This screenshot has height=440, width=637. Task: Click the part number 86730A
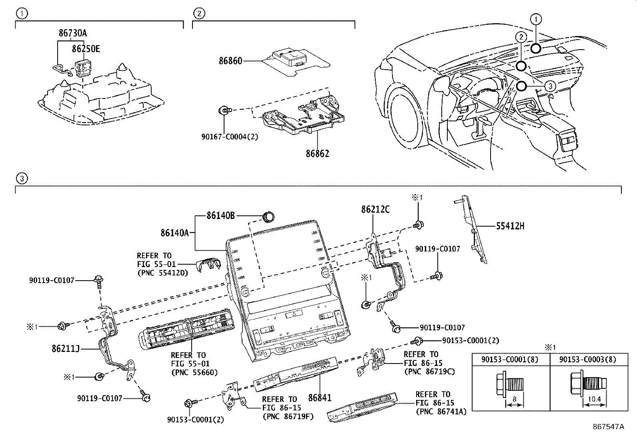pyautogui.click(x=72, y=34)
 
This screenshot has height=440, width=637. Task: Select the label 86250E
pyautogui.click(x=86, y=49)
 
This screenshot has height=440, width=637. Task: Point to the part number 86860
pyautogui.click(x=230, y=61)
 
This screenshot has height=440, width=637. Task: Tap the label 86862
pyautogui.click(x=317, y=153)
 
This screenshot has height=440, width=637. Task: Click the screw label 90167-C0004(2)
pyautogui.click(x=230, y=137)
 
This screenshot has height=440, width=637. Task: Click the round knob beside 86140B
pyautogui.click(x=268, y=217)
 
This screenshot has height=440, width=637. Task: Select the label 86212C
pyautogui.click(x=375, y=209)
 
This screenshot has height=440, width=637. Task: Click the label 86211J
pyautogui.click(x=65, y=349)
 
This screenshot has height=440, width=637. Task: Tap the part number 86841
pyautogui.click(x=320, y=398)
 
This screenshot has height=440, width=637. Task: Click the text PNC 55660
pyautogui.click(x=194, y=372)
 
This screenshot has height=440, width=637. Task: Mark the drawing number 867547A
pyautogui.click(x=608, y=427)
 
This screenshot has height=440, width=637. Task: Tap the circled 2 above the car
pyautogui.click(x=521, y=37)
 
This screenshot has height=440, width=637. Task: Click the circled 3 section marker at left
pyautogui.click(x=22, y=179)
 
